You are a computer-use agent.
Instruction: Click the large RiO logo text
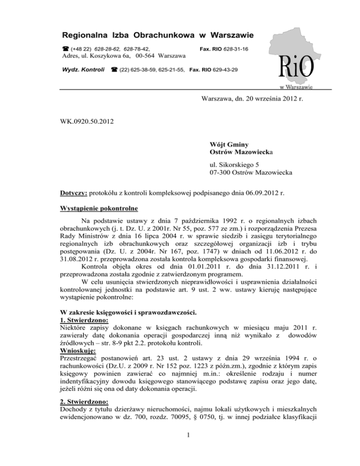click(x=296, y=68)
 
